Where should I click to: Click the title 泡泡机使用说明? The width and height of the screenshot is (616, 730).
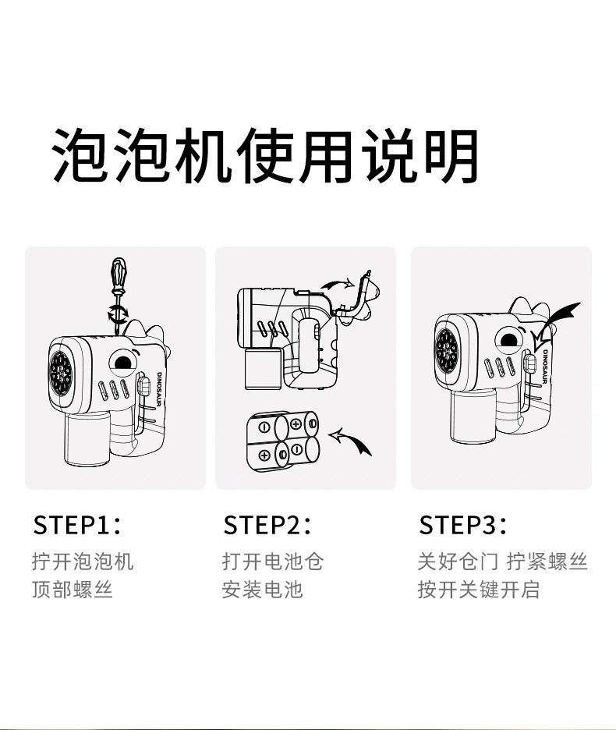pyautogui.click(x=265, y=155)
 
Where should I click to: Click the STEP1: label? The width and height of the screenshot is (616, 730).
pyautogui.click(x=76, y=525)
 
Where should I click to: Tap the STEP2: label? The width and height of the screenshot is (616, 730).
pyautogui.click(x=267, y=525)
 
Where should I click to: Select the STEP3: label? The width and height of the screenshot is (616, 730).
pyautogui.click(x=462, y=525)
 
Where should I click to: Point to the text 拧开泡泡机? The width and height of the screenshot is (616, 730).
pyautogui.click(x=83, y=561)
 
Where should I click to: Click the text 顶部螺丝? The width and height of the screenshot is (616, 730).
pyautogui.click(x=73, y=589)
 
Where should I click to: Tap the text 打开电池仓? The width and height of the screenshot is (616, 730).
pyautogui.click(x=272, y=561)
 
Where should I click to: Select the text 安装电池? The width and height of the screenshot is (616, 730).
pyautogui.click(x=262, y=589)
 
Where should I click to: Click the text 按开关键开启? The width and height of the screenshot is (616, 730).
pyautogui.click(x=478, y=589)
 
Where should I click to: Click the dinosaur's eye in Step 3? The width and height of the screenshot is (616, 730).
pyautogui.click(x=508, y=339)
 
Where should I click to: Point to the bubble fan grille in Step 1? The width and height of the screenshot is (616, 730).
pyautogui.click(x=61, y=372)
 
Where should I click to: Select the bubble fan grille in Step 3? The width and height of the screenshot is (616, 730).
pyautogui.click(x=447, y=349)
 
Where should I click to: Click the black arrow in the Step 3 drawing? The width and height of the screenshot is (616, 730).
pyautogui.click(x=559, y=319)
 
